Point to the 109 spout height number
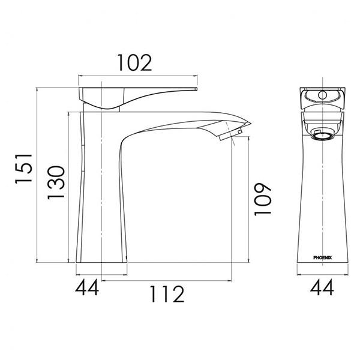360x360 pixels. pos(262,199)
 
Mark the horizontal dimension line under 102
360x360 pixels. pos(138,76)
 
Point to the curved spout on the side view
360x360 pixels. pos(174,122)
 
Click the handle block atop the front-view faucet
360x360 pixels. pos(322,97)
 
